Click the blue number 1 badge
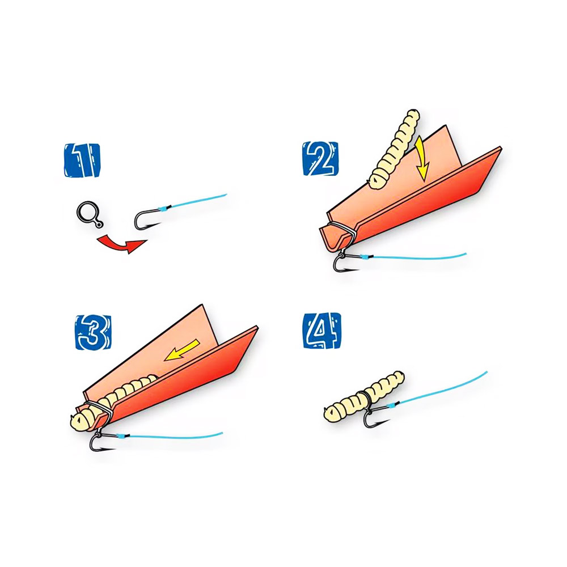tap(82, 160)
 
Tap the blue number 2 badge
tap(321, 159)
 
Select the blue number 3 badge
tap(94, 332)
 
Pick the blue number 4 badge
tap(322, 331)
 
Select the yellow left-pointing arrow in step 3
tap(182, 350)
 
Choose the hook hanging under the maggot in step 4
tap(374, 415)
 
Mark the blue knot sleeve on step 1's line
tap(163, 208)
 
